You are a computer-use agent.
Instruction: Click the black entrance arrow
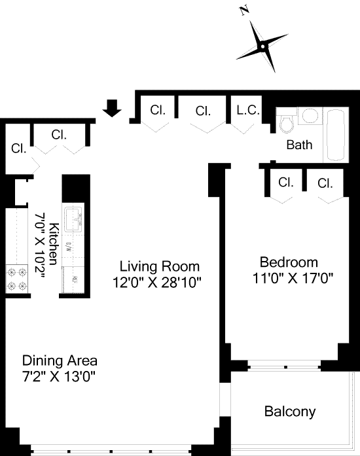coord(112,108)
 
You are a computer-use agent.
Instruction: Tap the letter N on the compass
coord(245,11)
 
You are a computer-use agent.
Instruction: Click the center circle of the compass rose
coord(262,46)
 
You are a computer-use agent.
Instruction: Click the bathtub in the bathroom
coord(336,135)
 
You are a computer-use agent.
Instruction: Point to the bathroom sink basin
coord(310,116)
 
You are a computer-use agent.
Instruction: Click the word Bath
coord(300,145)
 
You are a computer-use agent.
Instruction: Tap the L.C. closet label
coord(248,110)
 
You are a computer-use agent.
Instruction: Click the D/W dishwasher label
coord(69,247)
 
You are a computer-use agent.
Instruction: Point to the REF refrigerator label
coord(75,279)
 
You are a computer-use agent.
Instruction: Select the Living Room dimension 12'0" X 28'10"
coord(157,282)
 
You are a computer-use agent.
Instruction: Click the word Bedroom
coord(289,262)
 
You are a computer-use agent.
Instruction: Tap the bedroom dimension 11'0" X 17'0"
coord(293,278)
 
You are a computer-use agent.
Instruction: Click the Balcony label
coord(290,412)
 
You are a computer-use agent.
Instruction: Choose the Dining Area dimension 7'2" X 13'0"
coord(59,377)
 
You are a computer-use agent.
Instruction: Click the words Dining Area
coord(60,361)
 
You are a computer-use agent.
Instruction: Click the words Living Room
coord(160,266)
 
